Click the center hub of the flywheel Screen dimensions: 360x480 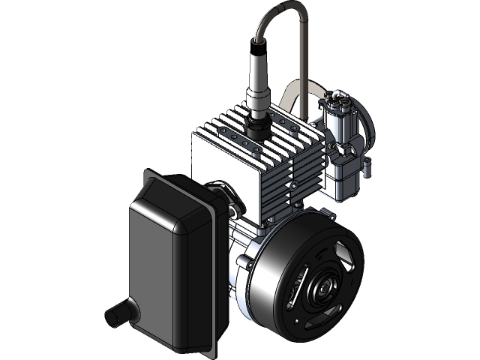[x=324, y=286]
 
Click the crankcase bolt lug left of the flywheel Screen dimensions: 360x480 [x=242, y=262]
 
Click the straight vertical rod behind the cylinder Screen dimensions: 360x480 [x=304, y=67]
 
